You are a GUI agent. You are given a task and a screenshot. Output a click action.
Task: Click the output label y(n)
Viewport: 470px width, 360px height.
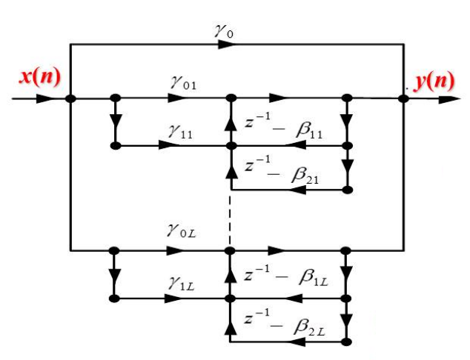(434, 80)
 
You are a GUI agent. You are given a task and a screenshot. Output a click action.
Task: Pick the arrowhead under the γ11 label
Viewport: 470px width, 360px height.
(171, 146)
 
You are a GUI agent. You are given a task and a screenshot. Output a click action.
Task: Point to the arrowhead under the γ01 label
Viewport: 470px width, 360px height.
(172, 98)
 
